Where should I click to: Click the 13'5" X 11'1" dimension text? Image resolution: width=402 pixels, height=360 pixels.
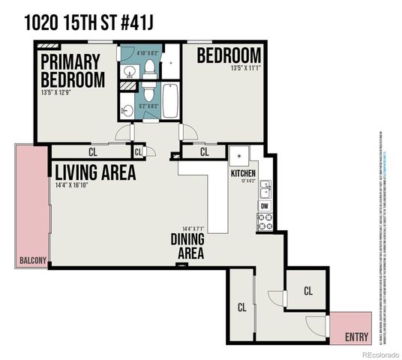(x=229, y=70)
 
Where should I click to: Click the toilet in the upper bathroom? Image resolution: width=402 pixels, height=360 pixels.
(x=151, y=70)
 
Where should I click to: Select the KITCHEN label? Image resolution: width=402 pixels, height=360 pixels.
(x=242, y=173)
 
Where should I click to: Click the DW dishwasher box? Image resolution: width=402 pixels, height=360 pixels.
(x=265, y=205)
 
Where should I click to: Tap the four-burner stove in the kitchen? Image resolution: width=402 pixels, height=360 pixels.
(x=265, y=220)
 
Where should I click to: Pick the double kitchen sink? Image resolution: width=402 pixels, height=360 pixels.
(x=265, y=188)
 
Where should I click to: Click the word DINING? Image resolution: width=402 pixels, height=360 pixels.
(x=190, y=241)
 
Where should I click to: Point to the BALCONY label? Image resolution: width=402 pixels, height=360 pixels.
(x=33, y=261)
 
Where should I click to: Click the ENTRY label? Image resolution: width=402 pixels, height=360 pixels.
(x=356, y=337)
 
